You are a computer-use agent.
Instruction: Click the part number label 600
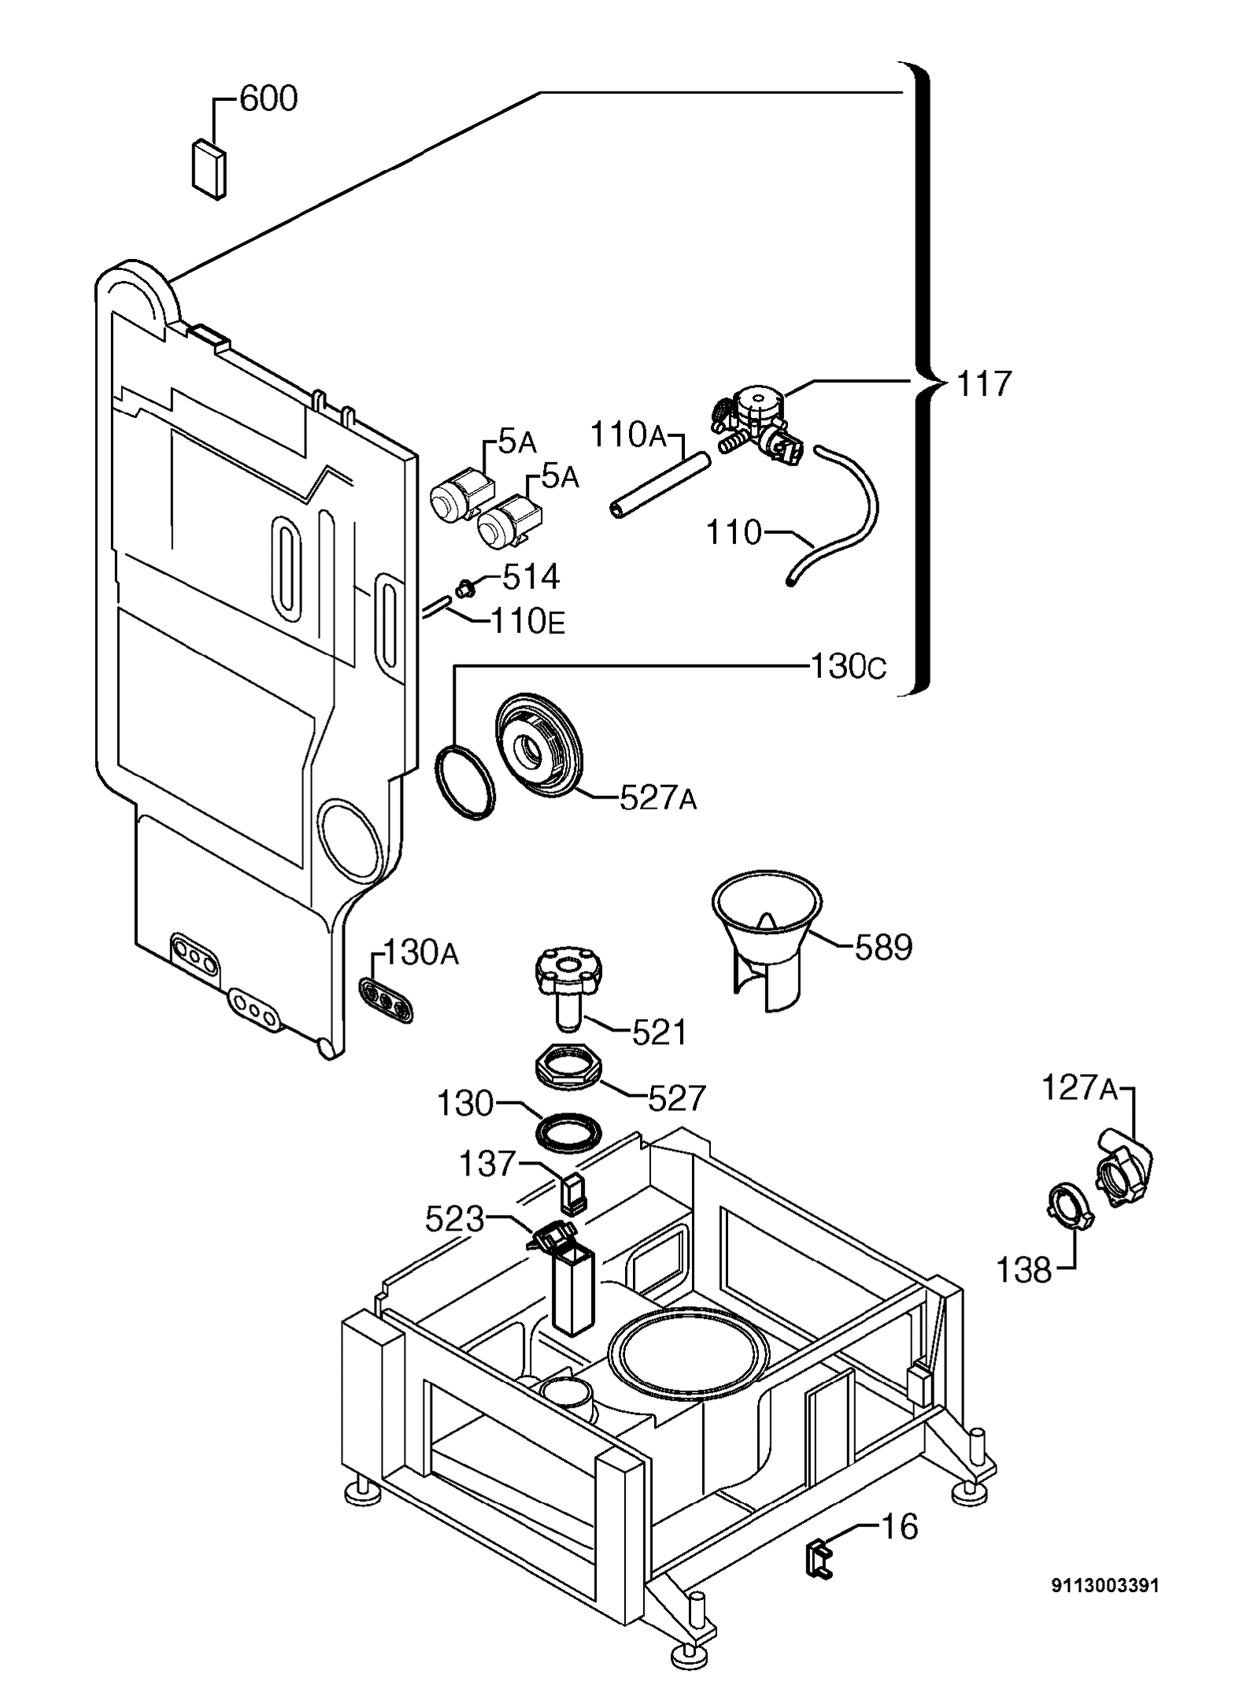268,99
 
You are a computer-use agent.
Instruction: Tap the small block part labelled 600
209,167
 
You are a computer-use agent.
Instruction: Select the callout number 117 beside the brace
984,385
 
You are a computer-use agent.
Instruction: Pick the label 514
531,577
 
